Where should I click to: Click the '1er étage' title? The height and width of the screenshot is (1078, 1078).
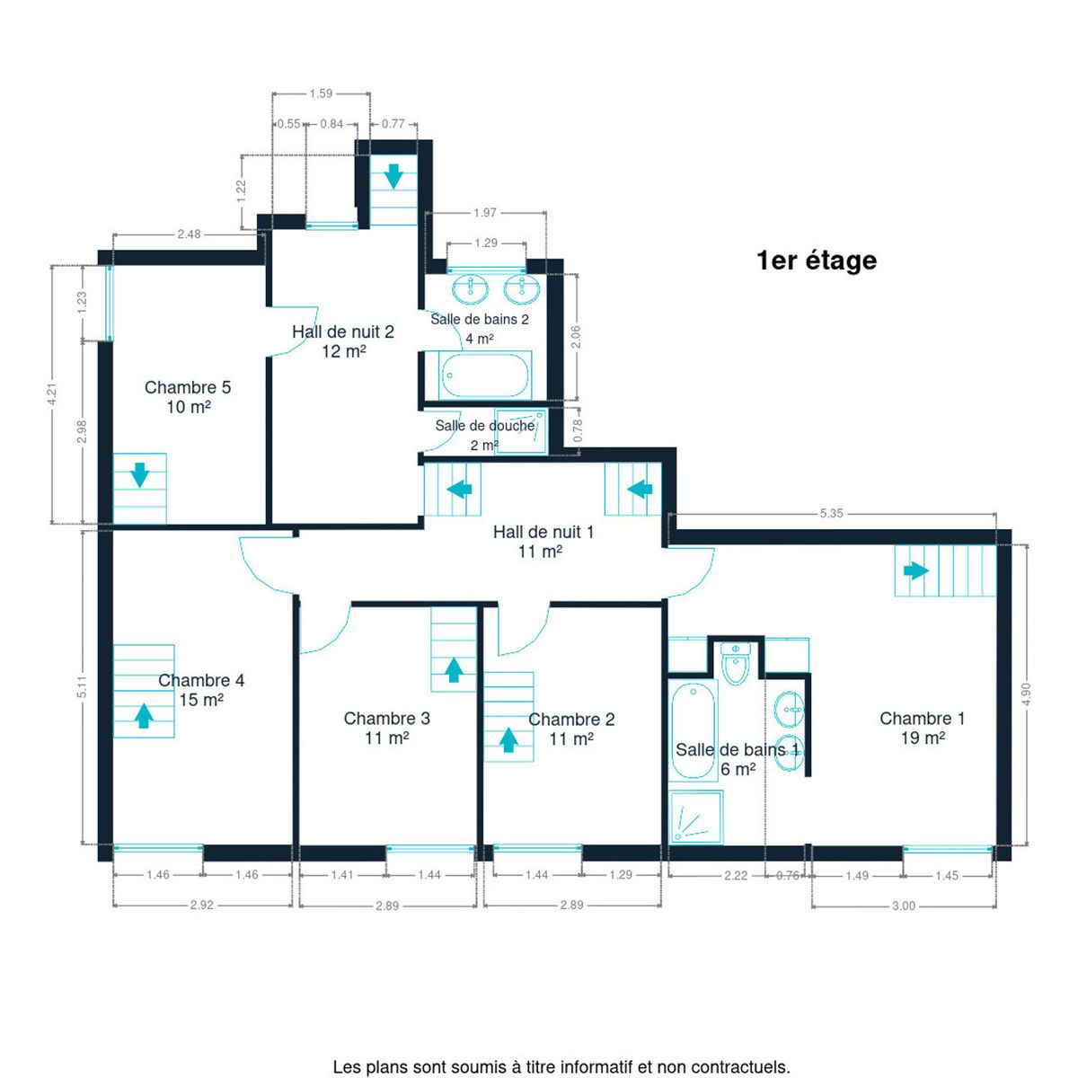[x=817, y=261]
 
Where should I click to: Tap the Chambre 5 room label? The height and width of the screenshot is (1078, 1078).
[x=188, y=387]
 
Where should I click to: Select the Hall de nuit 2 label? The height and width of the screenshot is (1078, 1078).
[x=343, y=331]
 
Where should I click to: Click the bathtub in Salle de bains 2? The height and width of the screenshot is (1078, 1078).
[x=485, y=376]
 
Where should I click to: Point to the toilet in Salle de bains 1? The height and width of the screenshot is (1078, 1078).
[x=735, y=663]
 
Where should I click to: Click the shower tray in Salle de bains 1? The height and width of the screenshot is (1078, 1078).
[x=696, y=817]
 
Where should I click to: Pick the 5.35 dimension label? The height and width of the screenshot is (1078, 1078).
[x=831, y=513]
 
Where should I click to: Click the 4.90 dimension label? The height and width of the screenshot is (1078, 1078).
[x=1025, y=694]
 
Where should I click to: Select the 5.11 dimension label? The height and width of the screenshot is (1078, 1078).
[x=83, y=686]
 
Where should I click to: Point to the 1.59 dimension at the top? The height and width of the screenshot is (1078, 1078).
[x=321, y=93]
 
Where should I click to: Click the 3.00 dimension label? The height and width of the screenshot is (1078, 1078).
[x=904, y=906]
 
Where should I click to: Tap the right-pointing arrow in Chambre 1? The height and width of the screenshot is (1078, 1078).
[x=916, y=571]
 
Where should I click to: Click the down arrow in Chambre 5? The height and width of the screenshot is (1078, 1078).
[x=140, y=475]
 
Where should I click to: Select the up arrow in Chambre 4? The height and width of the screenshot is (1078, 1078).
[x=144, y=715]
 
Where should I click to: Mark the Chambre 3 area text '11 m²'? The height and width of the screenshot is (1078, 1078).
[x=386, y=738]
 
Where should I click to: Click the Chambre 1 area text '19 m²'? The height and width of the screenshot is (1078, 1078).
[x=923, y=738]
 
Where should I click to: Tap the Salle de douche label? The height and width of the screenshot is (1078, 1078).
[x=485, y=426]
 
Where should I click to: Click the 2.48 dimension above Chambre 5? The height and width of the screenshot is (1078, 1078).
[x=189, y=234]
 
